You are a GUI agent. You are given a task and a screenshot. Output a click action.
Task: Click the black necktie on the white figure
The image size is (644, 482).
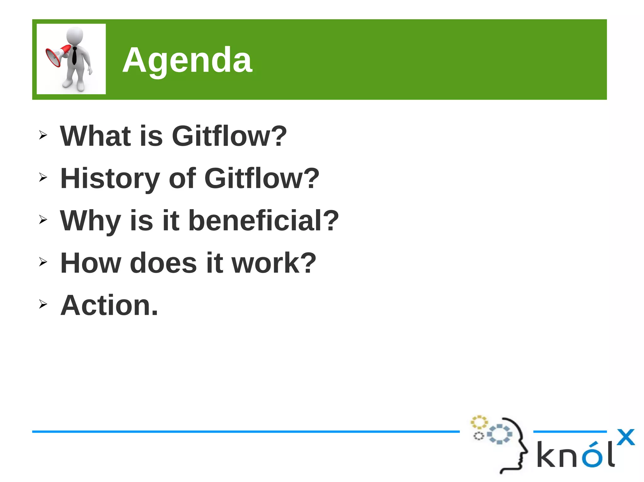click(x=75, y=56)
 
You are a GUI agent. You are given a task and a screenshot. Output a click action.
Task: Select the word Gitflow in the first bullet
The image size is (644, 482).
click(x=229, y=136)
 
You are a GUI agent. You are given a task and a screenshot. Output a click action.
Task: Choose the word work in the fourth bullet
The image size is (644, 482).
click(x=274, y=263)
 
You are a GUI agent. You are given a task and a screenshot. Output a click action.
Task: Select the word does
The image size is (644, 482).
click(x=163, y=263)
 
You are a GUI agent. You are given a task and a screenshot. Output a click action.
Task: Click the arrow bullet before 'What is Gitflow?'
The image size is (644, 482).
click(x=43, y=135)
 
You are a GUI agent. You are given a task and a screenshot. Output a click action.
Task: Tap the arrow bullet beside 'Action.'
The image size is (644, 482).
click(x=43, y=304)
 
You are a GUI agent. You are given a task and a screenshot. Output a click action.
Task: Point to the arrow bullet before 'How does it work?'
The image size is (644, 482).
click(x=43, y=262)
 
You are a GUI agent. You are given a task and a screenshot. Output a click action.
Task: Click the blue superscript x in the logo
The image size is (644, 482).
click(x=625, y=437)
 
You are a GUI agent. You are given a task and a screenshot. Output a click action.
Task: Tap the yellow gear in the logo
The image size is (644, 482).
click(x=479, y=422)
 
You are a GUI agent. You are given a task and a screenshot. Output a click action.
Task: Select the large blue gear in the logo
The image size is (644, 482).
click(x=499, y=434)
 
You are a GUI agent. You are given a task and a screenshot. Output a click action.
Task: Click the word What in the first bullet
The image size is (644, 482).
click(x=95, y=136)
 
